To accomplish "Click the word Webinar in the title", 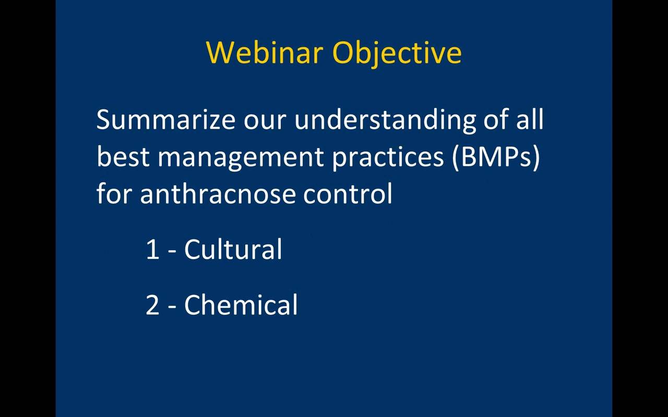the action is pos(265,53).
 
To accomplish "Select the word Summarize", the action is pos(166,119).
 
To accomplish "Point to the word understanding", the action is pos(385,120).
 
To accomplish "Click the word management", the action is pos(241,158).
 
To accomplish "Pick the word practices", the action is pos(388,158).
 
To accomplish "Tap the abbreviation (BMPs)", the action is pos(496,158).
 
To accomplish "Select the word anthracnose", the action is pos(218,193).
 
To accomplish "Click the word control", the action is pos(348,193).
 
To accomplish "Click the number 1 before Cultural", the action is pos(152,249).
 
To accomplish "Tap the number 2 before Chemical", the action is pos(152,305).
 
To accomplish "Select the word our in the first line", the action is pos(265,122).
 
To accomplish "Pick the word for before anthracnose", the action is pos(114,193).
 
